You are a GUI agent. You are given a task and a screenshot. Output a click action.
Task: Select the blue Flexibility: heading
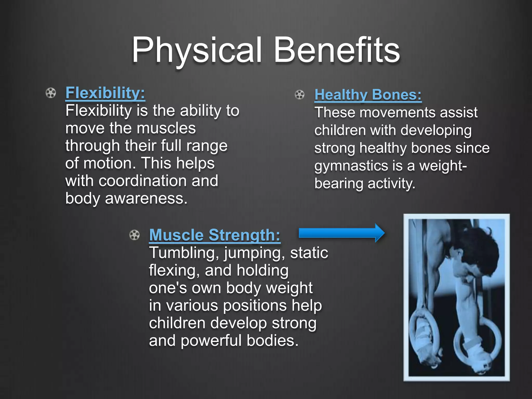[105, 93]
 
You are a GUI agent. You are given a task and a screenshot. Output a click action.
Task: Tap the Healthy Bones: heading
[368, 95]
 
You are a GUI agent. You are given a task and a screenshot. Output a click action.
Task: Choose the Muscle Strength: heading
[215, 235]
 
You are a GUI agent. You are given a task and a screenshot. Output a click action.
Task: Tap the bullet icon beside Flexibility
[51, 93]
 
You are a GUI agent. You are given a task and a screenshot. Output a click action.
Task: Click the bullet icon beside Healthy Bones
[300, 95]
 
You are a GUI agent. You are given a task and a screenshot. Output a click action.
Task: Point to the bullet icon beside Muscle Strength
[134, 235]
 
